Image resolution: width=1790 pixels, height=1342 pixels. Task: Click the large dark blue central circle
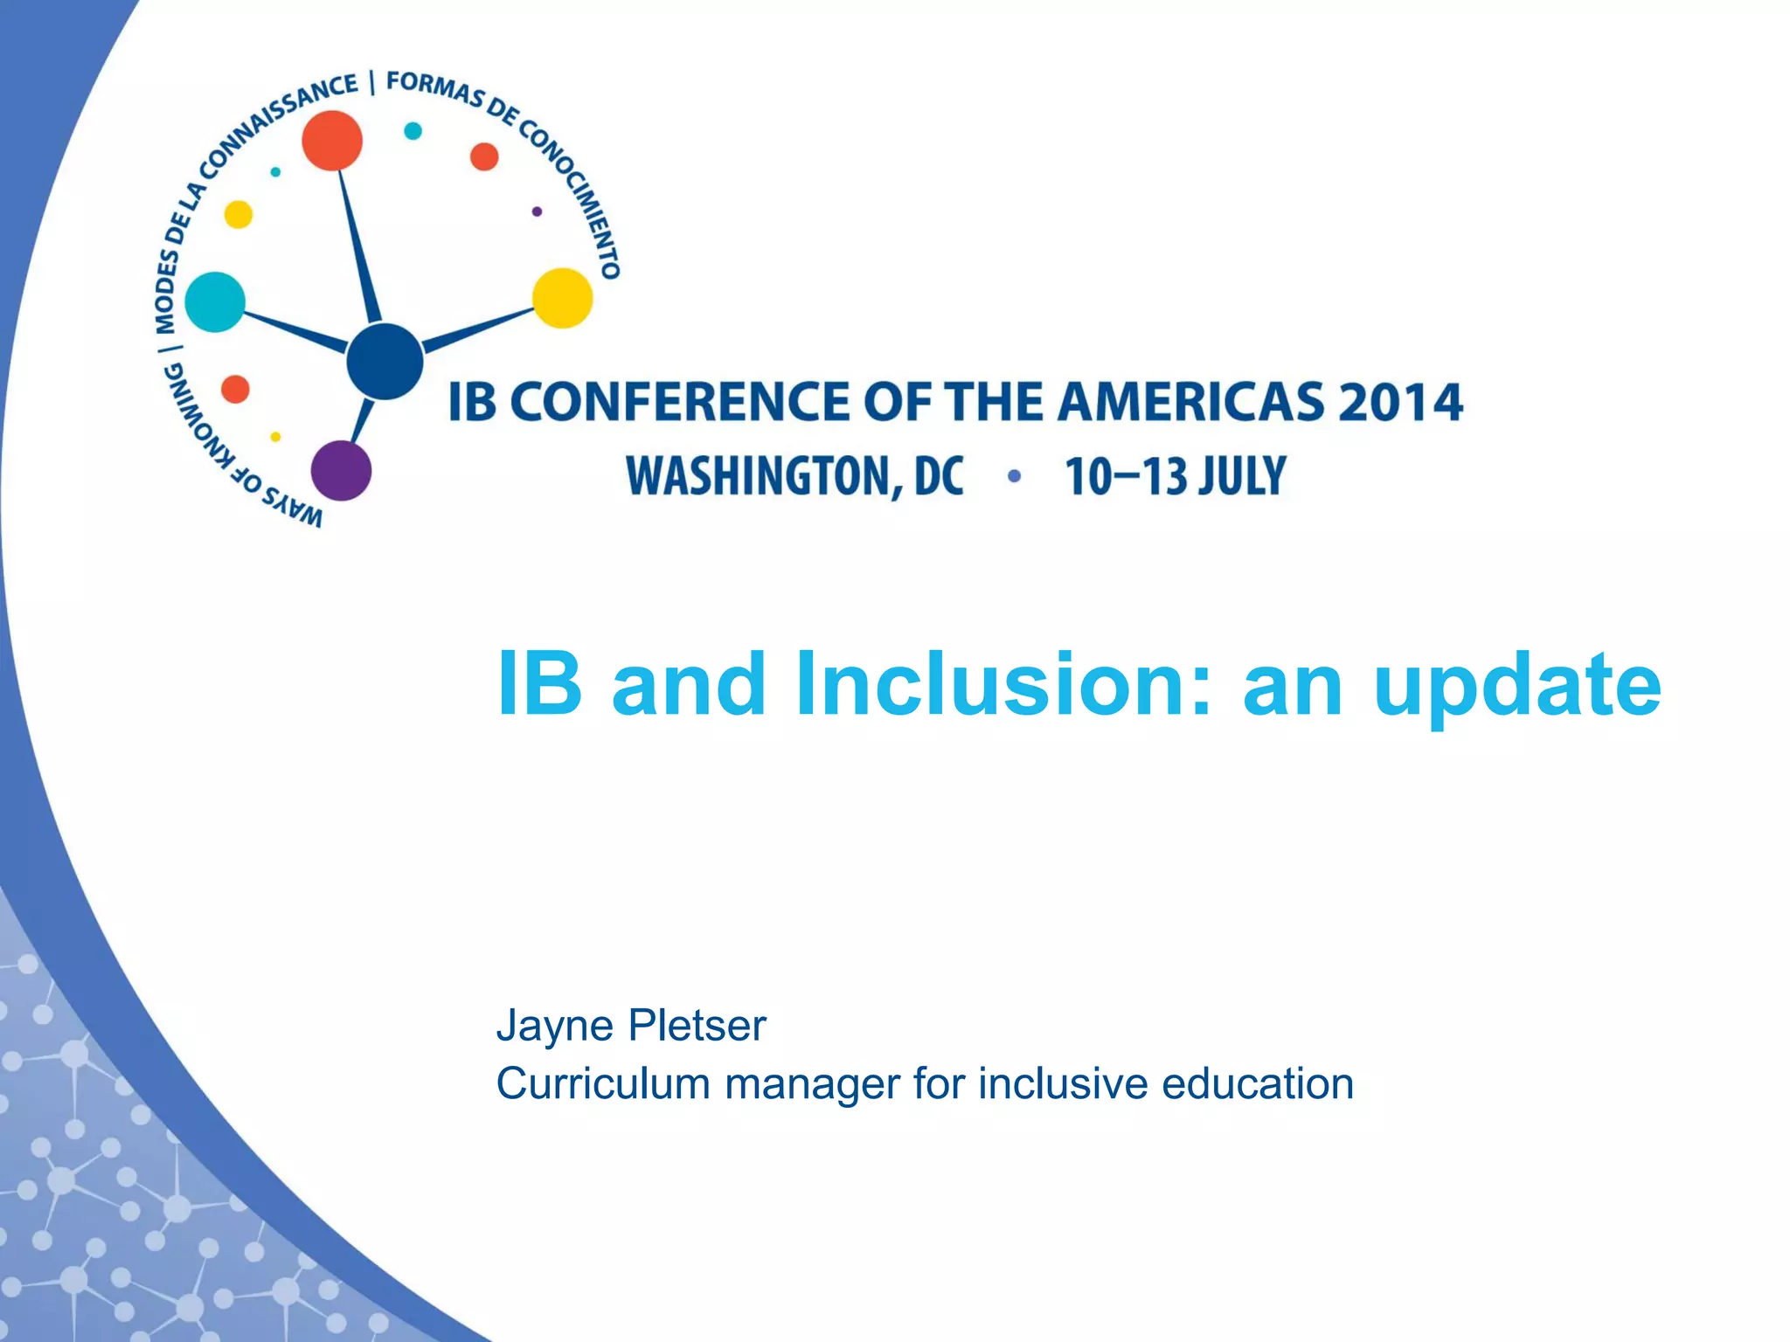pyautogui.click(x=385, y=361)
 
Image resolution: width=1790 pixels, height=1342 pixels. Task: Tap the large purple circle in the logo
pyautogui.click(x=341, y=470)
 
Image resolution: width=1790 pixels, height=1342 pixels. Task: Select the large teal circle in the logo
pyautogui.click(x=215, y=302)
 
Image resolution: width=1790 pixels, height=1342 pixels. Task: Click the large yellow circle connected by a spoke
pyautogui.click(x=563, y=298)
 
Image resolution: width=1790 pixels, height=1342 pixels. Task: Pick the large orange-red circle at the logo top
pyautogui.click(x=332, y=140)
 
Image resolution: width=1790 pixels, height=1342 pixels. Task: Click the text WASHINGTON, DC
pyautogui.click(x=794, y=477)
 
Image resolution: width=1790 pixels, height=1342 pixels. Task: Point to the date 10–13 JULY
pyautogui.click(x=1175, y=477)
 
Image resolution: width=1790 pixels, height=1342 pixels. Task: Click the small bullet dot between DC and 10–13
pyautogui.click(x=1014, y=476)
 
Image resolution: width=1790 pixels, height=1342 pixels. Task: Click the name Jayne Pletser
pyautogui.click(x=630, y=1025)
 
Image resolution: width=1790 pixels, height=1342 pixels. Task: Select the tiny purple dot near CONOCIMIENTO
pyautogui.click(x=537, y=211)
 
